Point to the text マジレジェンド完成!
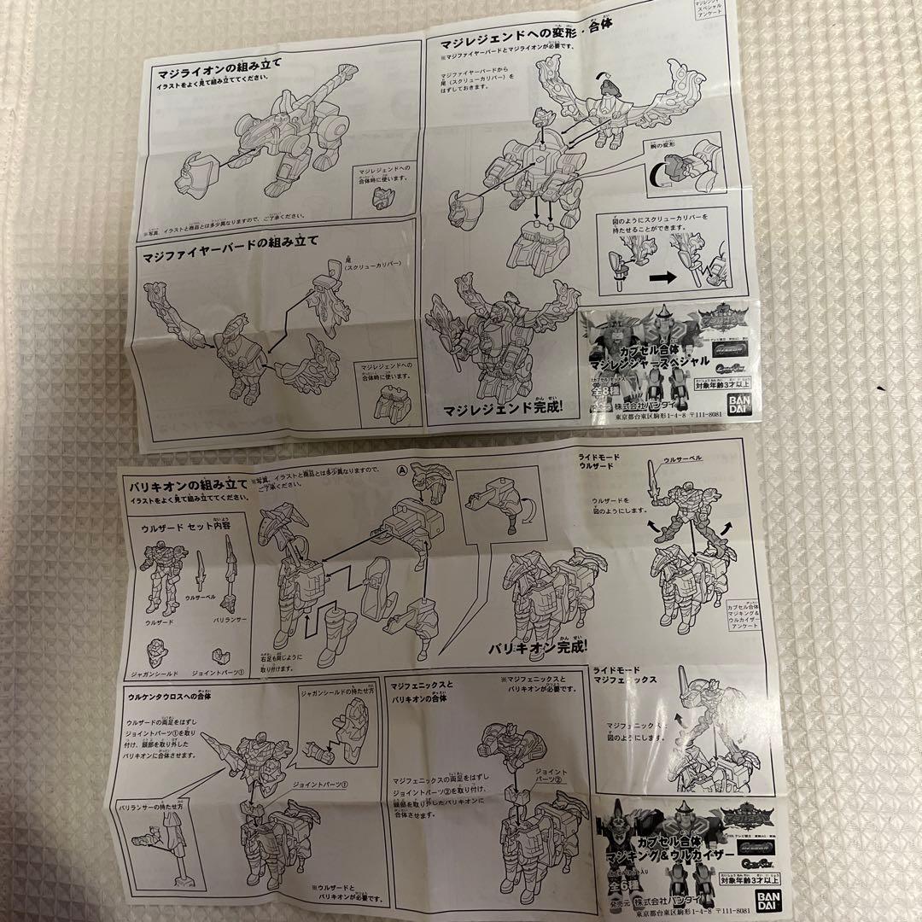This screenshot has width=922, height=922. point(502,408)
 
